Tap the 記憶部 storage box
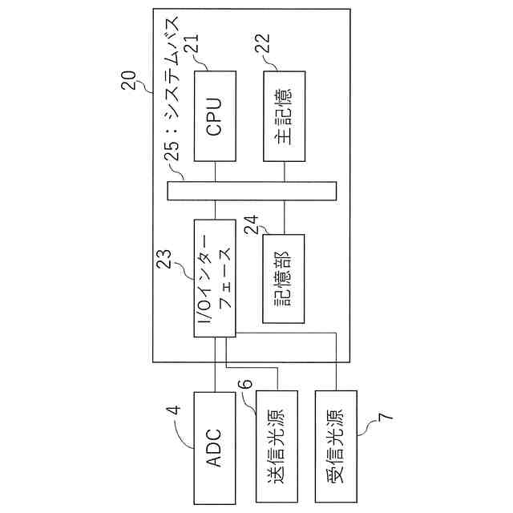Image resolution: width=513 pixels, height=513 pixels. tap(285, 278)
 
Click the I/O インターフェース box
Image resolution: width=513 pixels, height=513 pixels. tap(214, 277)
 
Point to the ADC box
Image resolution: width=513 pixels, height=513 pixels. tap(215, 447)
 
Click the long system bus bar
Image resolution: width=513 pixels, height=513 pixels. tap(252, 191)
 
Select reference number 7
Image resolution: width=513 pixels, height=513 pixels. tap(384, 418)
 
